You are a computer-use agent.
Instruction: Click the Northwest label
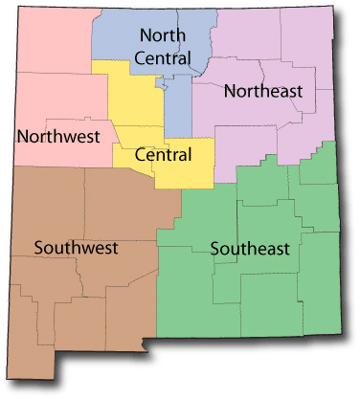click(58, 136)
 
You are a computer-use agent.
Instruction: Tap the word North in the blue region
click(162, 35)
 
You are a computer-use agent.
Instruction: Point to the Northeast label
click(262, 92)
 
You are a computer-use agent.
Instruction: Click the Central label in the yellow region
click(164, 155)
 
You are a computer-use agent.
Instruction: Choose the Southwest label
click(76, 248)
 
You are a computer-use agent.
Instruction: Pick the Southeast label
click(250, 250)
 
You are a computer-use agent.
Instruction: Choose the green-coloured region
click(259, 297)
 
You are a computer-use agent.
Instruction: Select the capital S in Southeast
click(215, 250)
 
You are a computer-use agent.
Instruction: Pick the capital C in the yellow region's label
click(142, 155)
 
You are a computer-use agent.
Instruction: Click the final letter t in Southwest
click(115, 248)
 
